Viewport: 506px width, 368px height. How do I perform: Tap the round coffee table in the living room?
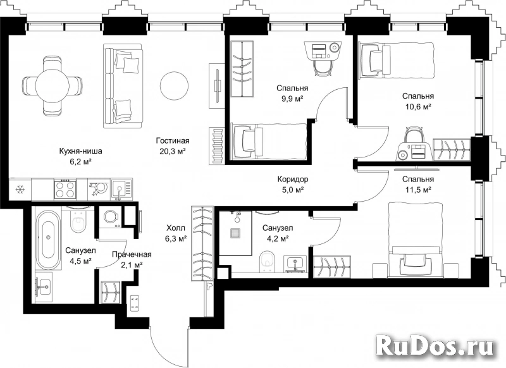[175, 86]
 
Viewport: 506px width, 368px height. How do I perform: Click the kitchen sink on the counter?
[121, 189]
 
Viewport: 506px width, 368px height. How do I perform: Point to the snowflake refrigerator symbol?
[20, 189]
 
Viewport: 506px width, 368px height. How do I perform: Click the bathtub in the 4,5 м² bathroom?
[48, 240]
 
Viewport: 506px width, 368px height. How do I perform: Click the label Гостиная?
[173, 140]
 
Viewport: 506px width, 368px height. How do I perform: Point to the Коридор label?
[293, 179]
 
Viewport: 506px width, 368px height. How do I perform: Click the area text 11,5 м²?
[418, 190]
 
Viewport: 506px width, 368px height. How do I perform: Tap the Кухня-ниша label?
[81, 150]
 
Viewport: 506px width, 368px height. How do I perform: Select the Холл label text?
[176, 229]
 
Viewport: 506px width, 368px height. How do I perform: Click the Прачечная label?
[132, 254]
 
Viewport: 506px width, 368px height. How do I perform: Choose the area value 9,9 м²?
[292, 99]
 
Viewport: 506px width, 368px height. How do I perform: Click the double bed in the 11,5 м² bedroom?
[415, 239]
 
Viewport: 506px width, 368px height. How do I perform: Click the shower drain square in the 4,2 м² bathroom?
[235, 233]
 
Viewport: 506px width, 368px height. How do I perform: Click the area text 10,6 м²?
[418, 107]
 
